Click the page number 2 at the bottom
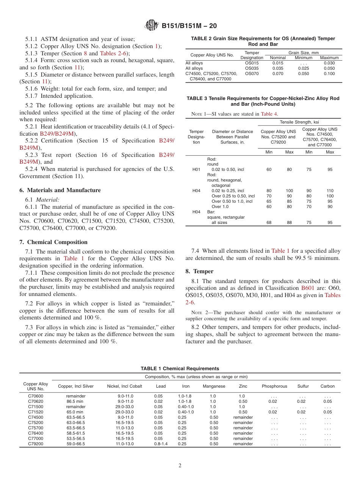point(180,466)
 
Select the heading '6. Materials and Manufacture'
point(60,190)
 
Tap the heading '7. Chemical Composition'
point(53,242)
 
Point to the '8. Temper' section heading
point(199,271)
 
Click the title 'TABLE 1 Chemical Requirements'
point(180,368)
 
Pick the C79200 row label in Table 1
point(36,444)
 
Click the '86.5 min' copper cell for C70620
point(75,401)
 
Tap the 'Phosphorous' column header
point(274,386)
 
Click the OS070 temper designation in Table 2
point(252,74)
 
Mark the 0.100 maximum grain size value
point(329,74)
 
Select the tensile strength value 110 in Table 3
point(330,191)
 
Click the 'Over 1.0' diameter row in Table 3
point(221,207)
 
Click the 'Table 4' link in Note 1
point(269,114)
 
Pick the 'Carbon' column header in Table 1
point(327,386)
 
